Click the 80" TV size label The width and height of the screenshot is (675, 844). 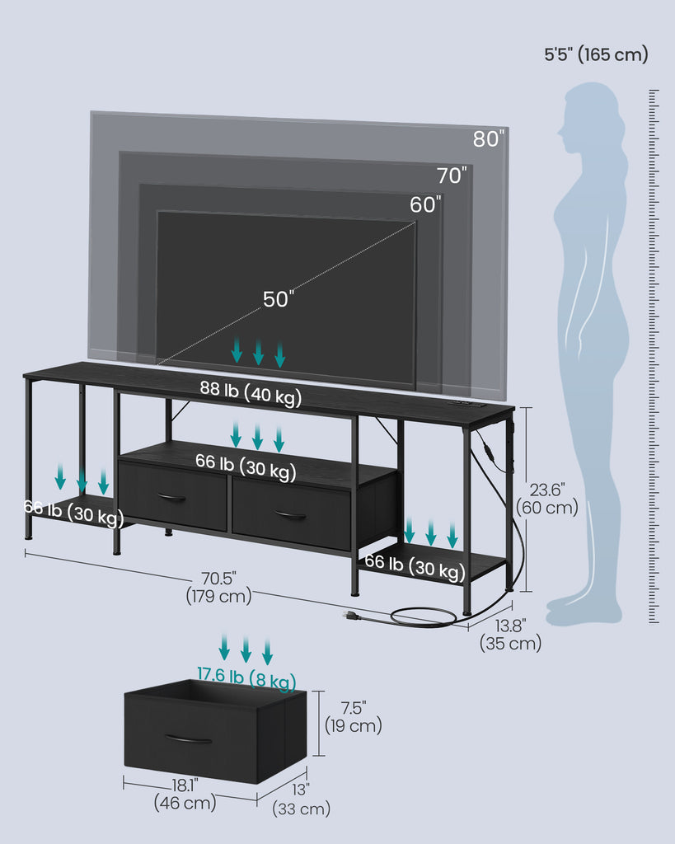489,138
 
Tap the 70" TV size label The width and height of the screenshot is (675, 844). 452,175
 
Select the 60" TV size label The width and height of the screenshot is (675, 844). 425,204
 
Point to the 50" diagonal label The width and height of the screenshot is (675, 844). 279,299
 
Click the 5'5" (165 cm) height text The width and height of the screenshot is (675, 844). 596,54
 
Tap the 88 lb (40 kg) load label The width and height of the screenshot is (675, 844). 251,393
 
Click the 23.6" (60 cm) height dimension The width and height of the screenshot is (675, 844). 547,499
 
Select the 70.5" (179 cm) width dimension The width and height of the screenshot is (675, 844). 219,587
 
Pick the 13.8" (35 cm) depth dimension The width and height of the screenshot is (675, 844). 510,635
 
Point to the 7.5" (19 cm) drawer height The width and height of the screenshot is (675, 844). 353,717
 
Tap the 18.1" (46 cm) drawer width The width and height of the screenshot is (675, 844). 185,794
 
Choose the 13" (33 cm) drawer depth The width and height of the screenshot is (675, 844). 301,799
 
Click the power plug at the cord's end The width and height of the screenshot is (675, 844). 351,615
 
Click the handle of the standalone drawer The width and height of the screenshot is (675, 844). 189,739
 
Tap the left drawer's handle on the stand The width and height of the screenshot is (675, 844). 171,497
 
